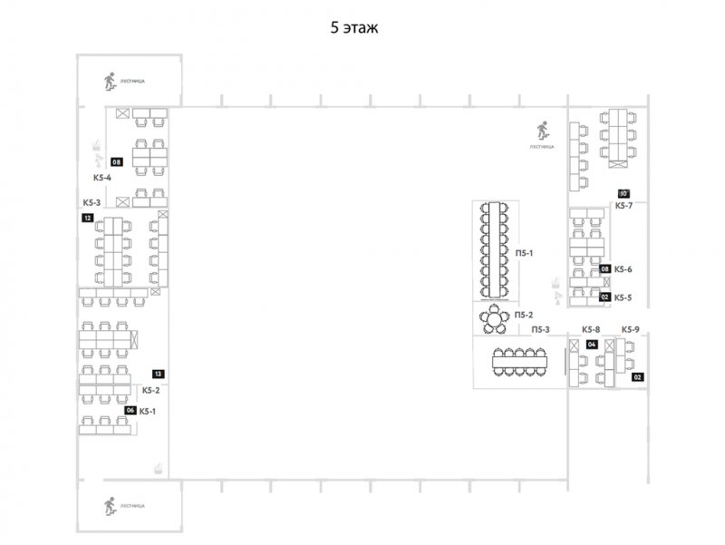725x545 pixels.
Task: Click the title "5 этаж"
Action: pyautogui.click(x=353, y=28)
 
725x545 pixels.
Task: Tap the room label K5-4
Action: pyautogui.click(x=101, y=178)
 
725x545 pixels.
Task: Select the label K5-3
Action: pyautogui.click(x=92, y=202)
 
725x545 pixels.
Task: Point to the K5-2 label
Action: pyautogui.click(x=150, y=391)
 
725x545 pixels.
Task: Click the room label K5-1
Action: pyautogui.click(x=148, y=411)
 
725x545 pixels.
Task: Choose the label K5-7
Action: pyautogui.click(x=623, y=206)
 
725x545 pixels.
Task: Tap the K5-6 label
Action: pyautogui.click(x=623, y=269)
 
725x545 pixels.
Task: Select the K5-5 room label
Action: pyautogui.click(x=623, y=297)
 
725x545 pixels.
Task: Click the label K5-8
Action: pyautogui.click(x=591, y=329)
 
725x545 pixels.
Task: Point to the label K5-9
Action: pyautogui.click(x=631, y=329)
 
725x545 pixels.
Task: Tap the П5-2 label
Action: pyautogui.click(x=523, y=315)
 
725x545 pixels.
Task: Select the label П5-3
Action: pyautogui.click(x=542, y=329)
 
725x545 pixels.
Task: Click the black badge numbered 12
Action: pyautogui.click(x=87, y=219)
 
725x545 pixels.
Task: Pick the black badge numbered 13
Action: pyautogui.click(x=158, y=374)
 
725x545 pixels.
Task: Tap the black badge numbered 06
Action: pyautogui.click(x=130, y=411)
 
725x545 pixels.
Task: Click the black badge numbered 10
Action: pyautogui.click(x=623, y=193)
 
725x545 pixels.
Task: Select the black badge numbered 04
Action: pyautogui.click(x=591, y=345)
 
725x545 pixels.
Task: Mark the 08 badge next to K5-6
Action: pyautogui.click(x=604, y=269)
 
